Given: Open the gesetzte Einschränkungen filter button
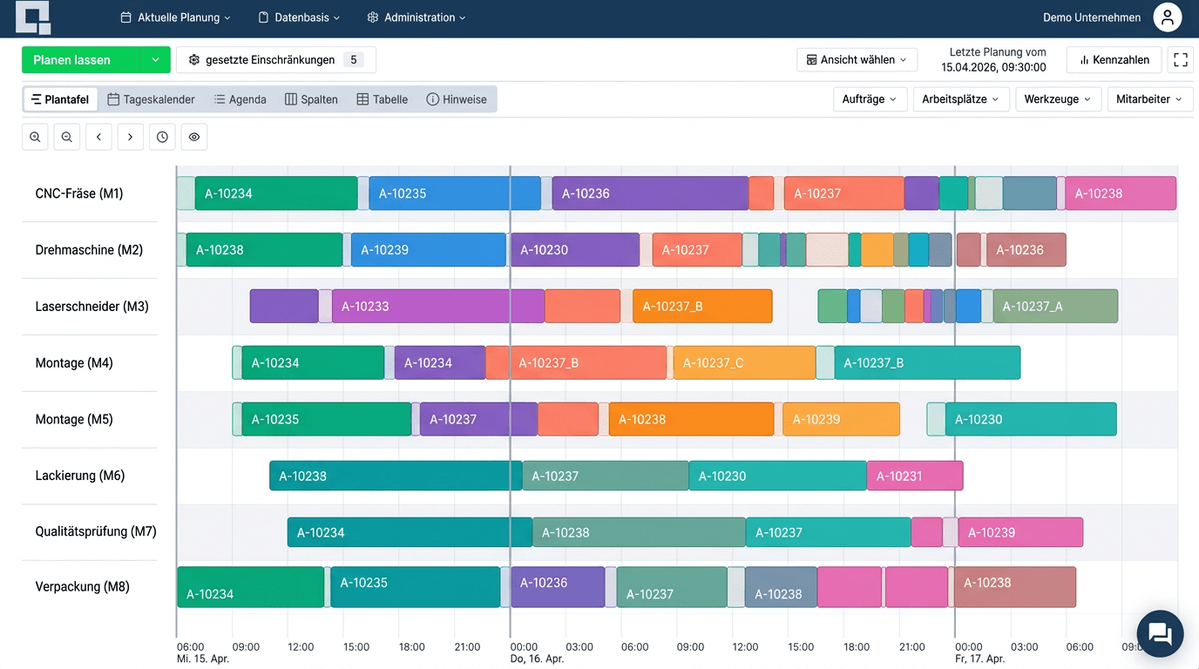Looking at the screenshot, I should tap(275, 60).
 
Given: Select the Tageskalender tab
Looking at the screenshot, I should tap(151, 99).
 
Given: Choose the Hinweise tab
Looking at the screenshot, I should tap(456, 99).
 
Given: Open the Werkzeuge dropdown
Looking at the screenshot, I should tap(1058, 99).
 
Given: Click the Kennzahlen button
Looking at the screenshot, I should tap(1114, 60).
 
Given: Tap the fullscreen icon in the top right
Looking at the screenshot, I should tap(1181, 60).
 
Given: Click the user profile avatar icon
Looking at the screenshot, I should tap(1167, 17).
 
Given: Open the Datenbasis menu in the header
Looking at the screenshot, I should tap(299, 17).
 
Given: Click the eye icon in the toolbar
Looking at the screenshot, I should tap(194, 137).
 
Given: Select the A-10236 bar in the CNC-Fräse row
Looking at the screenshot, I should tap(649, 193).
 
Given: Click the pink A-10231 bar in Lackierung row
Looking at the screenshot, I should tap(914, 476).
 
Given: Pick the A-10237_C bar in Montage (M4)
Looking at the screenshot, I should tap(743, 362).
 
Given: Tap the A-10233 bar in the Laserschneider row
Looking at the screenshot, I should tap(437, 307).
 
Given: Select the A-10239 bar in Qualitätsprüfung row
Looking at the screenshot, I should tap(1019, 532).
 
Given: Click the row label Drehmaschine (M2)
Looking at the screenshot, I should tap(89, 250).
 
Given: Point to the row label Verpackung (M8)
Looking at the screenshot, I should tap(83, 586).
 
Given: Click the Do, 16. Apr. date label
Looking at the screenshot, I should tap(537, 659).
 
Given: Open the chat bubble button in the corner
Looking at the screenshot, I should tap(1160, 633).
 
